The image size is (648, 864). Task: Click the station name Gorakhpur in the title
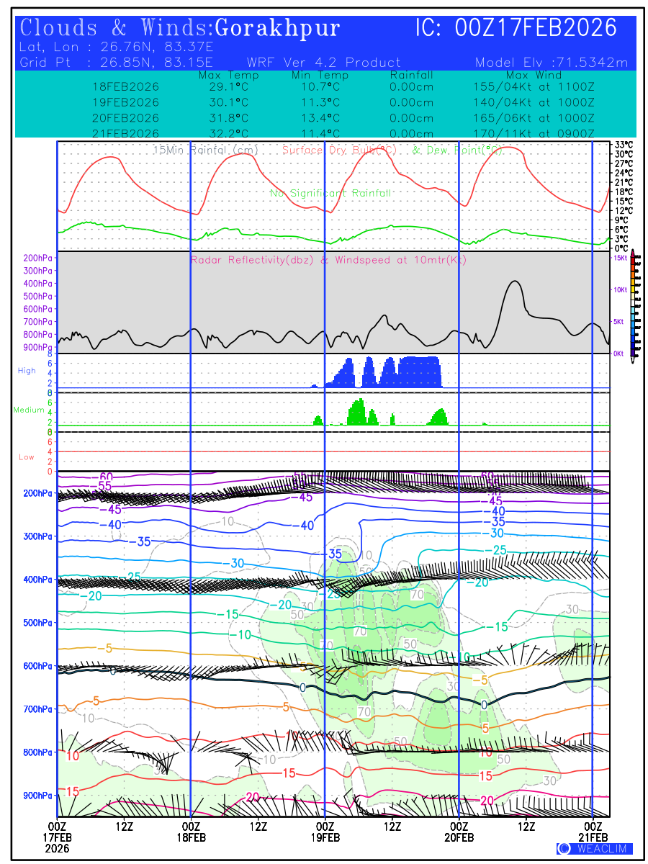tap(277, 29)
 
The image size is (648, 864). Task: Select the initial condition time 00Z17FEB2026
tap(536, 29)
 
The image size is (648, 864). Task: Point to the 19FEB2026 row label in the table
tap(126, 102)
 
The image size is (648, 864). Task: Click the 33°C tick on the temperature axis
tap(624, 145)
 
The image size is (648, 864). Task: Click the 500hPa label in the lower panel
tap(37, 623)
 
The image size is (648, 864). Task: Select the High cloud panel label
tap(27, 371)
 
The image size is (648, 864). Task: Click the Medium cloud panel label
tap(29, 410)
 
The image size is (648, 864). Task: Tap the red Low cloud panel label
tap(27, 457)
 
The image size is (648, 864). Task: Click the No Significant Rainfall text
tap(330, 194)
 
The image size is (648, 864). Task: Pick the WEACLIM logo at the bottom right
tap(594, 849)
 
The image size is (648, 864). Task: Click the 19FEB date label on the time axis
tap(325, 837)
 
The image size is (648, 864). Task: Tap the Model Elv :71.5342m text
tap(552, 63)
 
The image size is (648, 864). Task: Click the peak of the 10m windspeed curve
tap(514, 282)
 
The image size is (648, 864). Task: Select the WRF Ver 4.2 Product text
tap(323, 63)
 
